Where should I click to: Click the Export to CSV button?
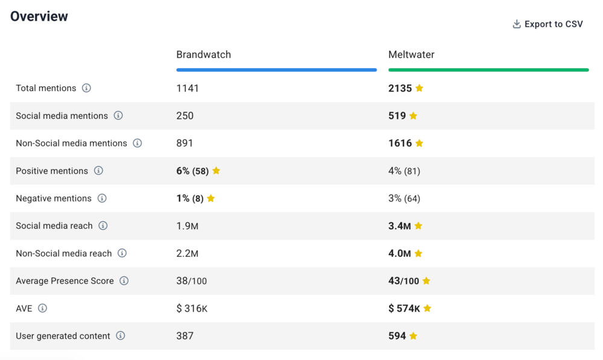[548, 24]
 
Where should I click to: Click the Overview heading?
[39, 16]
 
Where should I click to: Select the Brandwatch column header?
[203, 55]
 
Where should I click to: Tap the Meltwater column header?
[411, 55]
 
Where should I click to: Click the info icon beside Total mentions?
[86, 88]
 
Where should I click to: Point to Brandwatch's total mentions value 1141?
[188, 88]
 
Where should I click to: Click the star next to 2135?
[419, 88]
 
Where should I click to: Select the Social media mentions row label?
[62, 116]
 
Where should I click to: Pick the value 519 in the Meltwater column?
[397, 116]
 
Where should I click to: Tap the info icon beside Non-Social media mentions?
[137, 144]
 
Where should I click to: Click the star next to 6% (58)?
[216, 171]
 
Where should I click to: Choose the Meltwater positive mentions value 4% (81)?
[404, 171]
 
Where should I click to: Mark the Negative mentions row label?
[54, 198]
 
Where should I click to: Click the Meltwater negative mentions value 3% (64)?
[404, 198]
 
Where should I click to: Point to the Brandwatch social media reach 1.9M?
[188, 226]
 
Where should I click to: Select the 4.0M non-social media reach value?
[399, 254]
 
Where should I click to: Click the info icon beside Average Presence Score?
[124, 281]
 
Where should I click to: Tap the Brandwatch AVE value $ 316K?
[192, 309]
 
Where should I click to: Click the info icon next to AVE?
[42, 308]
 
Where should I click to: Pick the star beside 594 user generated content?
[413, 336]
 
